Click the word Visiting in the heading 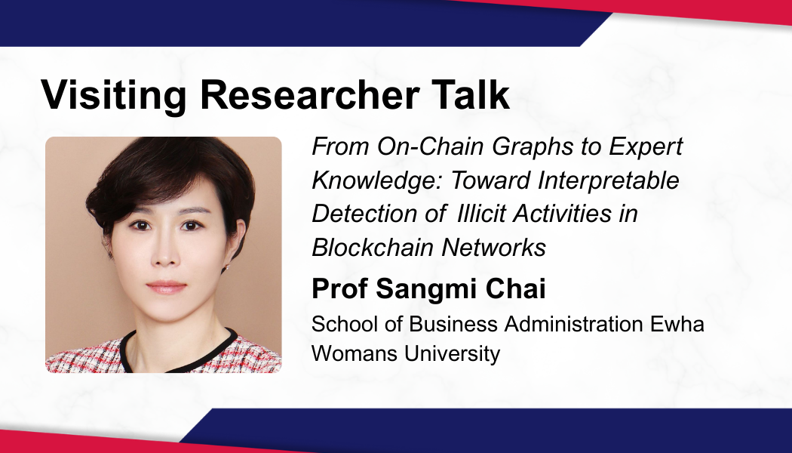click(114, 94)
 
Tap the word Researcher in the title click(309, 94)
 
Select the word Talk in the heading click(470, 94)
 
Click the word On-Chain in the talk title click(431, 146)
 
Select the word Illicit click(480, 214)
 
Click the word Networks click(493, 248)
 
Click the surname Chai click(515, 288)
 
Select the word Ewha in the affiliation click(677, 324)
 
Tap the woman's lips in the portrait click(166, 287)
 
